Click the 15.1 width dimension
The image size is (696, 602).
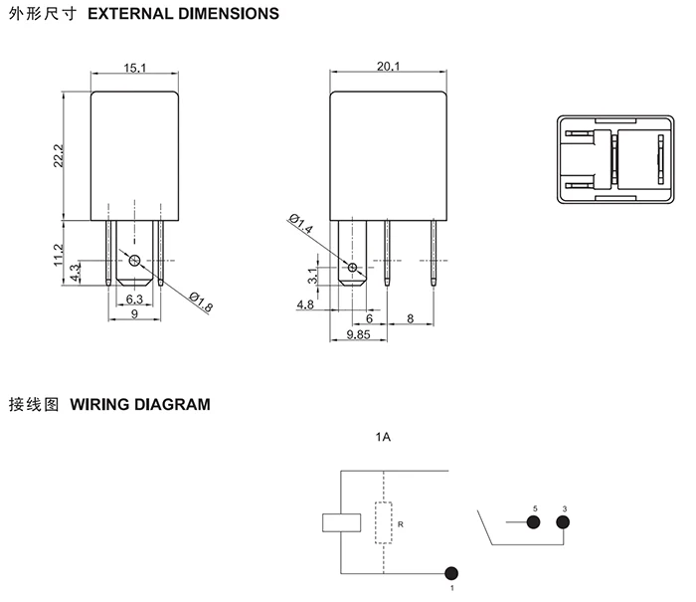(x=135, y=68)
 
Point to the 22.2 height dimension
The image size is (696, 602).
(x=59, y=155)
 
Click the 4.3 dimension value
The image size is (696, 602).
(x=76, y=272)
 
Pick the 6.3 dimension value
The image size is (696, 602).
(x=133, y=299)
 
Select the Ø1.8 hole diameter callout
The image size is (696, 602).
(x=200, y=302)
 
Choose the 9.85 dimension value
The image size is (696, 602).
(x=358, y=335)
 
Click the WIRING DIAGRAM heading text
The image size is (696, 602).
(x=140, y=405)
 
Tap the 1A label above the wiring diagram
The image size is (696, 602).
(x=383, y=438)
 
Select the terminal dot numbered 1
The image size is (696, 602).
(x=452, y=574)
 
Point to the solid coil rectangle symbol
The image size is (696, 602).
(x=340, y=522)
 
